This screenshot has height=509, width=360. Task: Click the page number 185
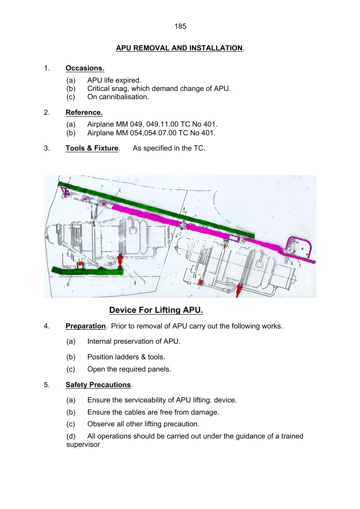point(180,27)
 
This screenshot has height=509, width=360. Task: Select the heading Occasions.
point(85,68)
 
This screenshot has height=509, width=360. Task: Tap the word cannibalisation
point(124,97)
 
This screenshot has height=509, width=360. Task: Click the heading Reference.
point(84,113)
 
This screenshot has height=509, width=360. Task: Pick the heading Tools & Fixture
point(92,148)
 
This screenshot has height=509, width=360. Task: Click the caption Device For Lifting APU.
point(156,310)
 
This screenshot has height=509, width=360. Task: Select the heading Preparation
point(86,326)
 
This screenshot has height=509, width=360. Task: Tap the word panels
point(160,369)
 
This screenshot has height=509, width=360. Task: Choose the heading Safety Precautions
point(98,385)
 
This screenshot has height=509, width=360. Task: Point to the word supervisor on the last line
point(83,445)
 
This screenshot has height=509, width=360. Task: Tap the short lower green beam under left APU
point(87,271)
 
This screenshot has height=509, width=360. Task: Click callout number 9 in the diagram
point(68,283)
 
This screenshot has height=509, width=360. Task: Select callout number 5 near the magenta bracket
point(299,265)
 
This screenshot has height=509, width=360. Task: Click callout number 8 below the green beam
point(135,282)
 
